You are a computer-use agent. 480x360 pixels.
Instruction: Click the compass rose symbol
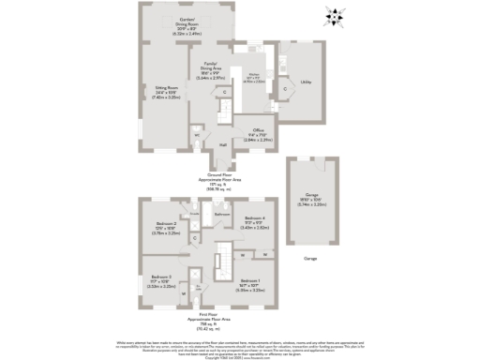[336, 15]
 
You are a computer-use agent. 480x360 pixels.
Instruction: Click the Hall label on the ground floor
[223, 145]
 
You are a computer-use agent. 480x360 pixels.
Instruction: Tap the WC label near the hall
[197, 136]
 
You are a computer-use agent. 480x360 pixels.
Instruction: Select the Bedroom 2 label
[167, 225]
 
